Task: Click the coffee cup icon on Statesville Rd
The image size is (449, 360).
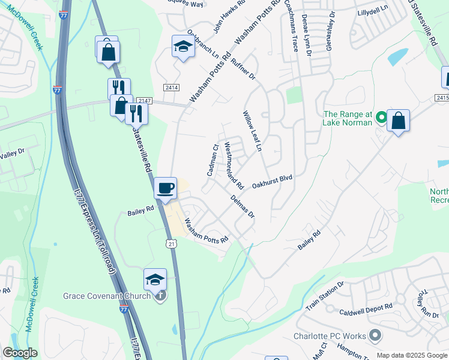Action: [x=166, y=188]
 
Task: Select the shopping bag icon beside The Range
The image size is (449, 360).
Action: [x=398, y=121]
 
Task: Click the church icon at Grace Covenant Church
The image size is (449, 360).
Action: [x=160, y=295]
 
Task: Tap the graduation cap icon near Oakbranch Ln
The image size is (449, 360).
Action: [x=182, y=46]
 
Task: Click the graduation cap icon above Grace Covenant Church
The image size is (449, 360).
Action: [x=155, y=279]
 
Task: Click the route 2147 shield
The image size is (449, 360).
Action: [x=144, y=101]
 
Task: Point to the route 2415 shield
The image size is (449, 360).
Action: [x=442, y=97]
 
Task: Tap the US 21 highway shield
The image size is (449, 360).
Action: [x=172, y=243]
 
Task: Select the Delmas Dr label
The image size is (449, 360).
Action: [x=243, y=206]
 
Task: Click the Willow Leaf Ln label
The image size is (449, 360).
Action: [x=253, y=131]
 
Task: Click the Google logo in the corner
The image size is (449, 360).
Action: [x=20, y=353]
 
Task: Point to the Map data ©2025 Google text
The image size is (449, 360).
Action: [x=411, y=355]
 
